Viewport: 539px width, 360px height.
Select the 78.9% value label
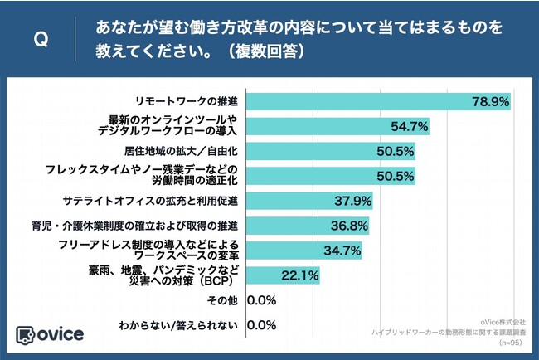pyautogui.click(x=490, y=101)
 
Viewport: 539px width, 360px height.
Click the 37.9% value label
pyautogui.click(x=352, y=201)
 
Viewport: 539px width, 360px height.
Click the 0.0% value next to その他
pyautogui.click(x=261, y=300)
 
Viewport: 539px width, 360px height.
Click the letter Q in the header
pyautogui.click(x=38, y=40)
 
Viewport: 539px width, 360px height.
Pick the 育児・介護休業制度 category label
pyautogui.click(x=157, y=226)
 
